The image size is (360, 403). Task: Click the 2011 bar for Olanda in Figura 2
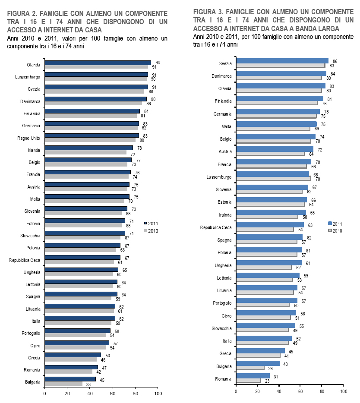[x=98, y=63]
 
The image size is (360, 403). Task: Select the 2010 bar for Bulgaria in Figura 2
[x=64, y=384]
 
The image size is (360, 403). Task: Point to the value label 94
[x=158, y=63]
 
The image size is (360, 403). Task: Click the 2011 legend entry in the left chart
[x=151, y=224]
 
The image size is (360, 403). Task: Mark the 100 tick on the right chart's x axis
[x=344, y=391]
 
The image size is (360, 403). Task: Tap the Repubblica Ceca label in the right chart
[x=216, y=227]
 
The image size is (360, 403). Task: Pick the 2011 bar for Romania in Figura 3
[x=253, y=376]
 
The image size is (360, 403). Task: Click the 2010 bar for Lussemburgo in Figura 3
[x=273, y=178]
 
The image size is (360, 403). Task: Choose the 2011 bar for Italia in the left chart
[x=80, y=318]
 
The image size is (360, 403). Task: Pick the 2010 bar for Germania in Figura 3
[x=276, y=116]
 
